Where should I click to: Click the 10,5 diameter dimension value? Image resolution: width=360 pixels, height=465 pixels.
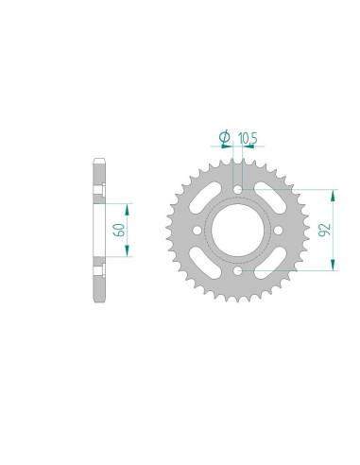pos(248,138)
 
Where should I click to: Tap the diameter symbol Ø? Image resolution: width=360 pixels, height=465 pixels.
pos(225,137)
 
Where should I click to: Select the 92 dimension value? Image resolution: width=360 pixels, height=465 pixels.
pos(324,230)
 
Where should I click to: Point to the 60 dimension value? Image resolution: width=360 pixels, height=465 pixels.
pos(119,230)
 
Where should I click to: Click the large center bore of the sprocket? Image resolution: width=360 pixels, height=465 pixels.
pos(237,230)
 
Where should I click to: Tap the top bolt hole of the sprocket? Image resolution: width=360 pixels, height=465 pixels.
pos(238,190)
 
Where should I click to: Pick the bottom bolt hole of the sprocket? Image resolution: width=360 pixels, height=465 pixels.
pos(238,270)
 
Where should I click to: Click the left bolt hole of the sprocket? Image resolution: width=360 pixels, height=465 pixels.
pos(197,231)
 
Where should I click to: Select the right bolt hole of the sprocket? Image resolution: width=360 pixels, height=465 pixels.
pos(278,231)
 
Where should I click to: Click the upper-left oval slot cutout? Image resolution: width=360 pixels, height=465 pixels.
pos(205,198)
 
